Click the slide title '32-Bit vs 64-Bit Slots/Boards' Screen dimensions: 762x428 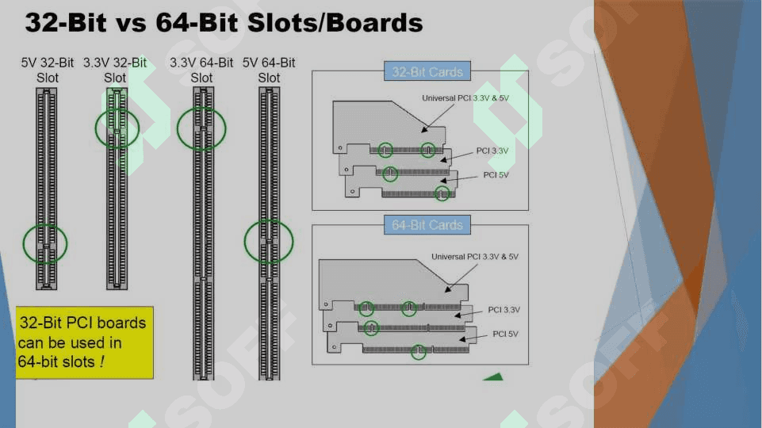(x=224, y=22)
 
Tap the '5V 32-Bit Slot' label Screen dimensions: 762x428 (x=47, y=70)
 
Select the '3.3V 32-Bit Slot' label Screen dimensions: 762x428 (x=115, y=70)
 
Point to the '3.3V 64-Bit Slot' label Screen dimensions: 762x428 (x=201, y=70)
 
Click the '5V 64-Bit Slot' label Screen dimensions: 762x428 (x=269, y=70)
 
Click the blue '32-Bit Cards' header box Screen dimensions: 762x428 (x=427, y=71)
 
